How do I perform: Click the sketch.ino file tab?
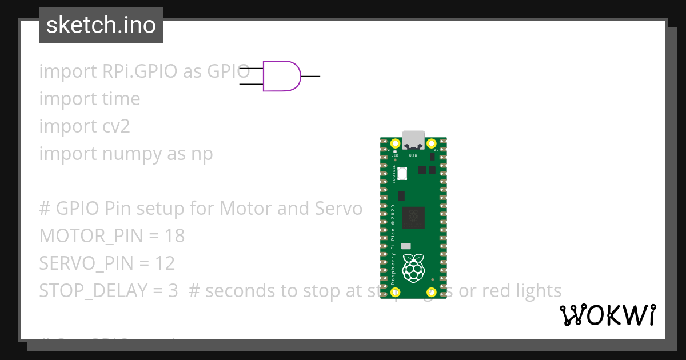[101, 25]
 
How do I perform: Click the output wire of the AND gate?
[310, 76]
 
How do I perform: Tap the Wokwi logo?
[607, 315]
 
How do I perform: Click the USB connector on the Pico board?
[413, 139]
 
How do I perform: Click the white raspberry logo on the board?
[413, 268]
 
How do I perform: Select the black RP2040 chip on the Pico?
[413, 217]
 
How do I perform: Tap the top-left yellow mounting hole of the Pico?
[394, 143]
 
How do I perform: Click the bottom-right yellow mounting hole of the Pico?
[432, 292]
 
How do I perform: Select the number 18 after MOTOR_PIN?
[174, 236]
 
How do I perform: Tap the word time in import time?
[121, 99]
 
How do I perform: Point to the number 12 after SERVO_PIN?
[165, 263]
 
